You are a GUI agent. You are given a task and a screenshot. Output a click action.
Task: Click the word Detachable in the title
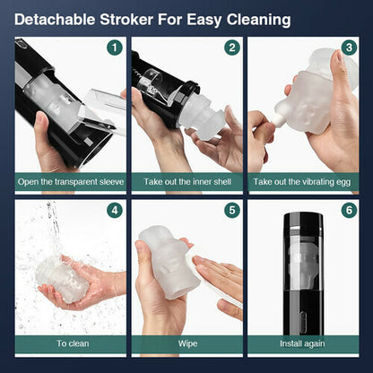tap(55, 20)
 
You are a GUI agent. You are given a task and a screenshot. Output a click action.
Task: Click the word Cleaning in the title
tap(258, 21)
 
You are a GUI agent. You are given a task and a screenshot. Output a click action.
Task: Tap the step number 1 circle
tap(115, 48)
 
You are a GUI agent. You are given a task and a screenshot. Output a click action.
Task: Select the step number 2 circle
tap(232, 48)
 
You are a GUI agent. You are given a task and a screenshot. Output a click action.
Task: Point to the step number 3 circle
tap(349, 48)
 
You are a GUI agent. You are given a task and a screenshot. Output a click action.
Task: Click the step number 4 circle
tap(115, 211)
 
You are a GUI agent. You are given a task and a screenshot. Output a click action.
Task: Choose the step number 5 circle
tap(232, 211)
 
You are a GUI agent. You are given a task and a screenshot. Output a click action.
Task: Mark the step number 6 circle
tap(349, 211)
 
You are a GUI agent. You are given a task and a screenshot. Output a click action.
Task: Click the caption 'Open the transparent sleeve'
tap(71, 182)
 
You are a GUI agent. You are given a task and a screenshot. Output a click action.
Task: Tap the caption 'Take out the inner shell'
tap(187, 182)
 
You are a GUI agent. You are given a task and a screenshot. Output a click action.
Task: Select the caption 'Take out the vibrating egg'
tap(302, 182)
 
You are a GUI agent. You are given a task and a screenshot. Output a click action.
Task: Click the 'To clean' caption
tap(73, 343)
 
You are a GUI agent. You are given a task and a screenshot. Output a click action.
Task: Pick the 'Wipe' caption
tap(187, 343)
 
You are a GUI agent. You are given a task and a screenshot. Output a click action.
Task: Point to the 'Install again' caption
tap(302, 344)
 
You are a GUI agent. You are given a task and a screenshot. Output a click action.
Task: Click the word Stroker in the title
tap(126, 20)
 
